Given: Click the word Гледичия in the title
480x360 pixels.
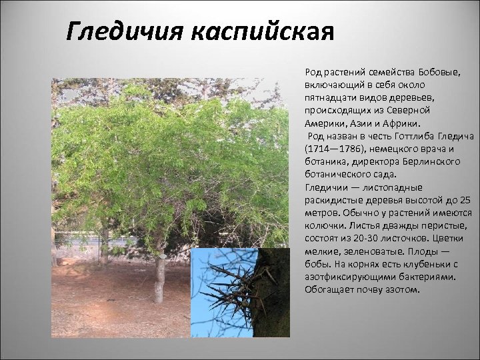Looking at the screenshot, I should click(127, 31).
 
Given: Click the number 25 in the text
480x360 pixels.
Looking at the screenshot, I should click(465, 200).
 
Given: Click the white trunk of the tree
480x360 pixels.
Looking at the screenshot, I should click(160, 280).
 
